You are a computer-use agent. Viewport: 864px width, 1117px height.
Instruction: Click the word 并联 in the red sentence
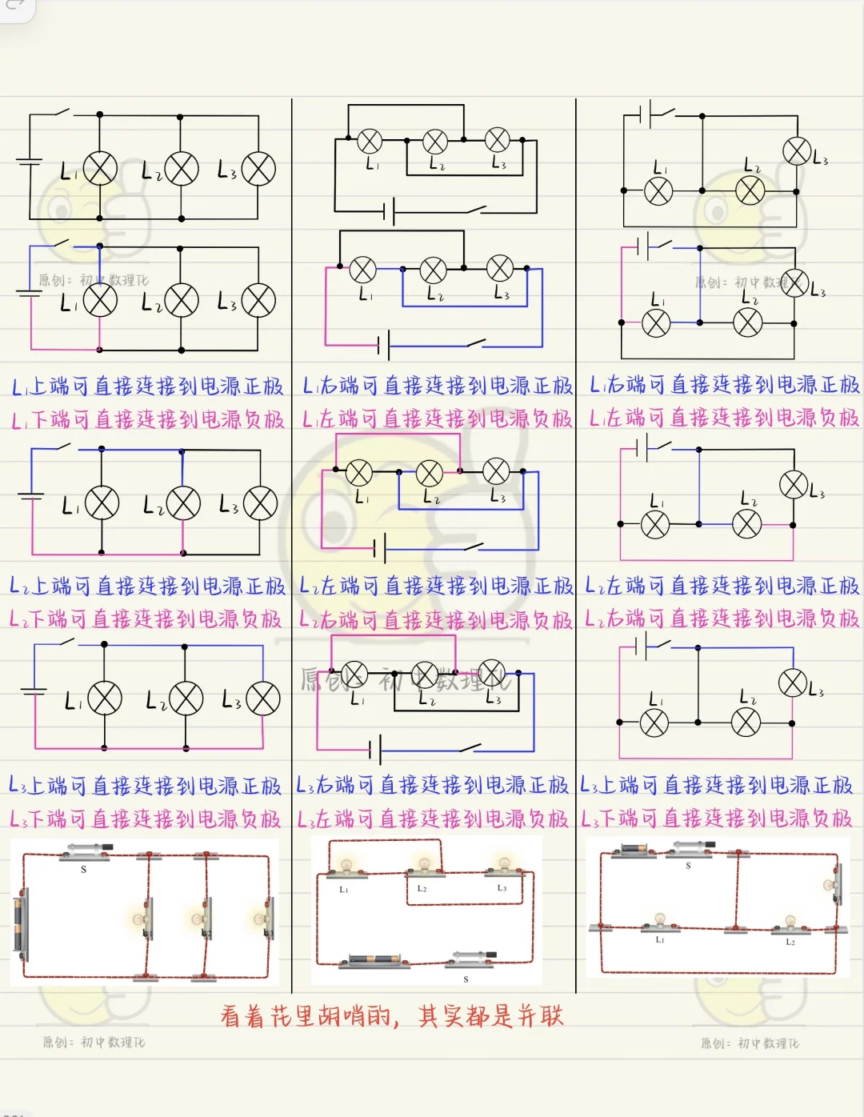coord(540,1016)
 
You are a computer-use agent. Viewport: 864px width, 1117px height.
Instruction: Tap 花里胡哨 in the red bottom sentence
coord(305,1016)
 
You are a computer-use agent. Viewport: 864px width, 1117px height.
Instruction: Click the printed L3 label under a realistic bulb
coord(502,888)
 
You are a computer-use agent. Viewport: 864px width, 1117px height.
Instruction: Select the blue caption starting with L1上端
coord(147,386)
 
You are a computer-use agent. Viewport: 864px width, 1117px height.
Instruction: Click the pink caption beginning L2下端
coord(146,619)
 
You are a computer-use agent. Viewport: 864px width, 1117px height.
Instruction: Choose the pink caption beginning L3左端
coord(433,819)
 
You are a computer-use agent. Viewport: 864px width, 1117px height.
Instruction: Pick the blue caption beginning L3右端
coord(433,785)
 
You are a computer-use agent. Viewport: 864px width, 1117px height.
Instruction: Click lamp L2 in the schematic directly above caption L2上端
coord(183,503)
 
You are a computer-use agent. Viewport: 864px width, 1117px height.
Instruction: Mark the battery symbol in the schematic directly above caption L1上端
coord(30,292)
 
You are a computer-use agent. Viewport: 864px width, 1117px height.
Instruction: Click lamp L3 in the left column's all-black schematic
coord(258,169)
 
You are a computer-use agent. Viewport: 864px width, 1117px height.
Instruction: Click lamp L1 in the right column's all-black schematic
coord(658,190)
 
